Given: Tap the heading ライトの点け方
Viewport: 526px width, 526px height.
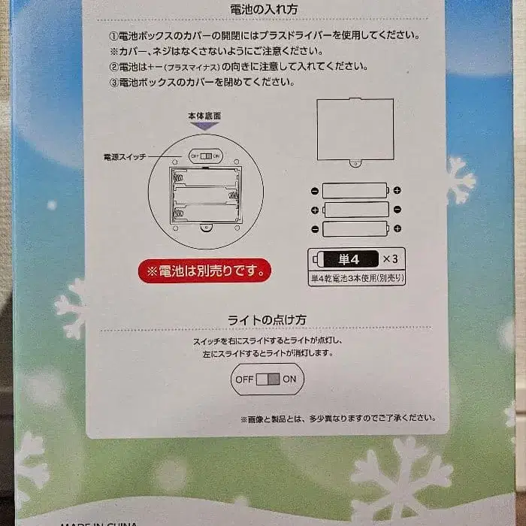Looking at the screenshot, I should click(267, 319).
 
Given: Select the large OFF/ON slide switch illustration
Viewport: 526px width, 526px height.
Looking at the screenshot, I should click(268, 379).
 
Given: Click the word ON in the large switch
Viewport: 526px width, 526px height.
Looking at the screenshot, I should click(290, 379).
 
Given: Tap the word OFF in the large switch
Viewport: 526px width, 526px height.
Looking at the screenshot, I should click(244, 379).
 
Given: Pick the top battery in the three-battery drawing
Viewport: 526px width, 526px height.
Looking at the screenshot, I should click(355, 190).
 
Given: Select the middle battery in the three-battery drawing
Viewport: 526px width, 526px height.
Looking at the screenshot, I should click(355, 210).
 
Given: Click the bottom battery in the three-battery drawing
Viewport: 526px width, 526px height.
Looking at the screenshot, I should click(355, 228).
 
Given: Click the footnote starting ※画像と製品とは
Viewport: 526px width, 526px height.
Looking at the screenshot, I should click(337, 419).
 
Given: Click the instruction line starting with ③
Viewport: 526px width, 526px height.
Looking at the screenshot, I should click(199, 82).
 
